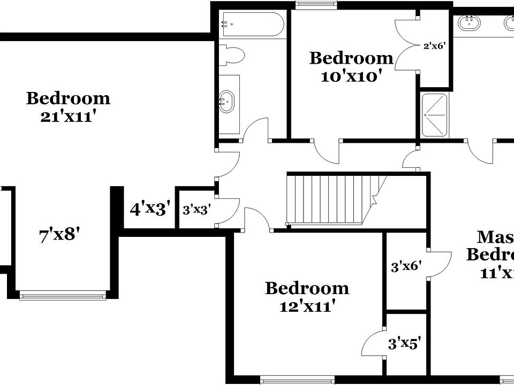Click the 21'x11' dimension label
pyautogui.click(x=68, y=116)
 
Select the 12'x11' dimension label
pyautogui.click(x=306, y=306)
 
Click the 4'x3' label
pyautogui.click(x=150, y=208)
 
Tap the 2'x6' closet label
pyautogui.click(x=434, y=46)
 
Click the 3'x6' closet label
pyautogui.click(x=406, y=266)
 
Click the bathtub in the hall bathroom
pyautogui.click(x=252, y=25)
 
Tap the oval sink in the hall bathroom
pyautogui.click(x=226, y=102)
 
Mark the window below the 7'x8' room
pyautogui.click(x=63, y=295)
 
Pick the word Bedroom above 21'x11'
pyautogui.click(x=68, y=98)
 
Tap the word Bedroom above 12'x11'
pyautogui.click(x=307, y=289)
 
